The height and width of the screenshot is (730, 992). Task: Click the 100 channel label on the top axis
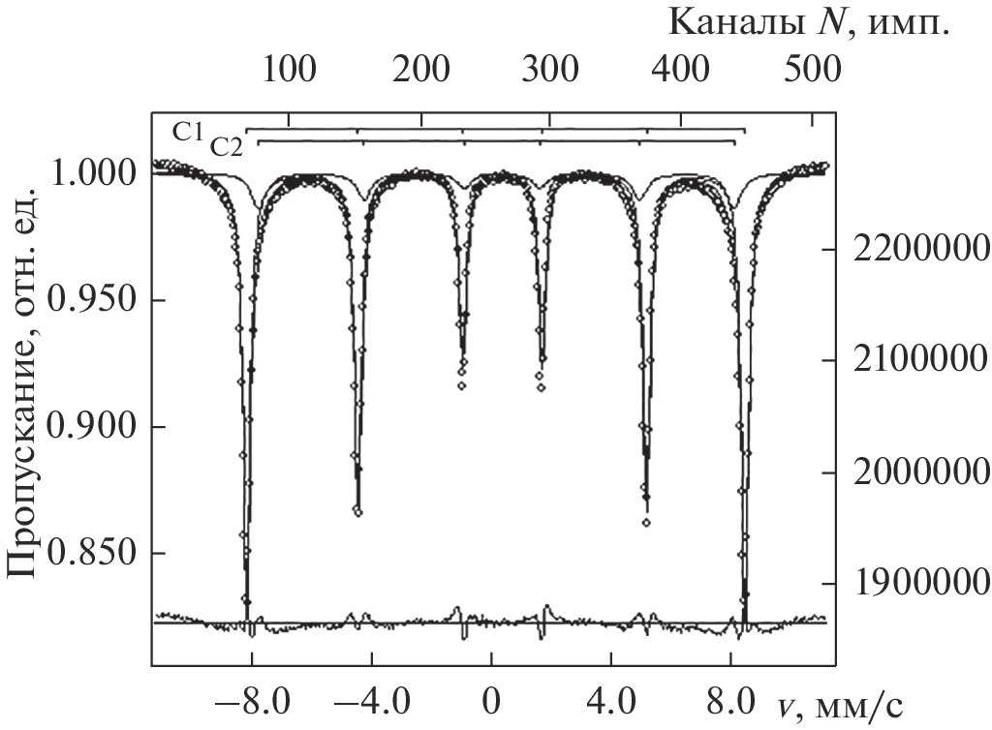[x=288, y=69]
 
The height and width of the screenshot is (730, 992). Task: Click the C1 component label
[x=188, y=131]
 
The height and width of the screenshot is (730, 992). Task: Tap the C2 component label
[x=227, y=146]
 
